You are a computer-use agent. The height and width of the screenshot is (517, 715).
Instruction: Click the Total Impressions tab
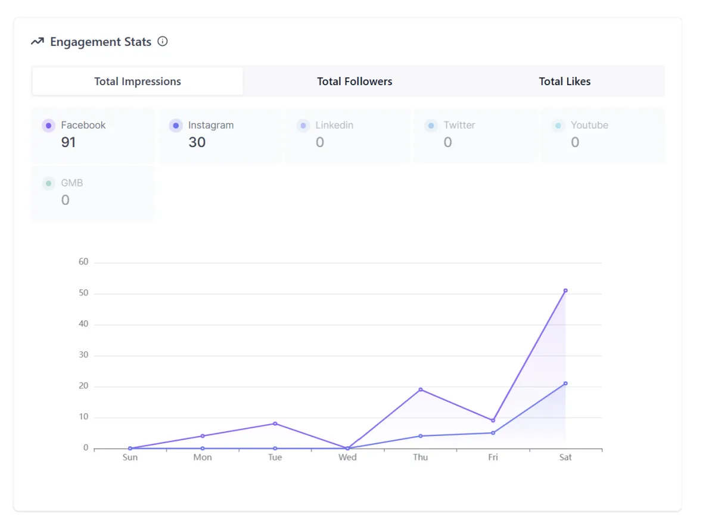click(138, 82)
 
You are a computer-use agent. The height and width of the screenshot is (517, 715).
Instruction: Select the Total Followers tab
click(355, 82)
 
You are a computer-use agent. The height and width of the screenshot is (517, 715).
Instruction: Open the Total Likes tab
click(565, 82)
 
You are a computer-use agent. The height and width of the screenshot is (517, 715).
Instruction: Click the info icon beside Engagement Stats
click(163, 42)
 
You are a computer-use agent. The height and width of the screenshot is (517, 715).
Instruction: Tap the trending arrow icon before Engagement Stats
click(38, 42)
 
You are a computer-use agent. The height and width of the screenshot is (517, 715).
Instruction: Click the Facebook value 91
click(69, 142)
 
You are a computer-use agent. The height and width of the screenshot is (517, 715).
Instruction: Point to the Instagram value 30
click(197, 142)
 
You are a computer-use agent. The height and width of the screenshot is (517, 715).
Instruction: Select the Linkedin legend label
click(334, 125)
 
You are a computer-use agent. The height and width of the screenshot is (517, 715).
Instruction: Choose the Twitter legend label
click(459, 125)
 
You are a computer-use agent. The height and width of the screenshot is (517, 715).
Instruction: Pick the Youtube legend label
click(589, 125)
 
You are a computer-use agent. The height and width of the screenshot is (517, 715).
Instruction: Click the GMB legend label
click(72, 183)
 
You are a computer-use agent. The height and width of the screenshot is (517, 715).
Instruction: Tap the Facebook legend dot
click(48, 126)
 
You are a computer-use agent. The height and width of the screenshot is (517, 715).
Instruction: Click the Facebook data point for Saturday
click(565, 291)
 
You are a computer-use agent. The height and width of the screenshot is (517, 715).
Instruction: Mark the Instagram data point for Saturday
click(565, 384)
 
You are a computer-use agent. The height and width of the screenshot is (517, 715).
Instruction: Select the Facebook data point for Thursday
click(421, 390)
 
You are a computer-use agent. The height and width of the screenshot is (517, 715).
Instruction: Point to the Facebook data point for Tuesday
click(275, 423)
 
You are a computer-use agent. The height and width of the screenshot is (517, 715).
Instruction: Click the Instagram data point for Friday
click(493, 433)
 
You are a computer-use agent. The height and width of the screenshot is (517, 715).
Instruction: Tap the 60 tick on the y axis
click(83, 262)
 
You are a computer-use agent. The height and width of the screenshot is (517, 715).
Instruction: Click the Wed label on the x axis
click(347, 457)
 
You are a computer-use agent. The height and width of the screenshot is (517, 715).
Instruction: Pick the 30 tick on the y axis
click(83, 355)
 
